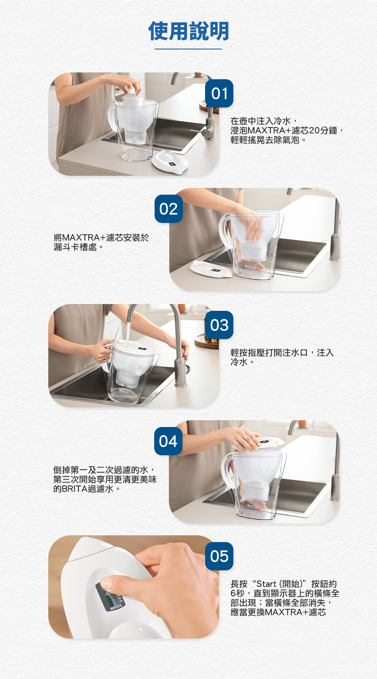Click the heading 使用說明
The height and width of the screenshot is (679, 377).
click(188, 31)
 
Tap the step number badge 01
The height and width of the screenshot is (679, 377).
click(219, 94)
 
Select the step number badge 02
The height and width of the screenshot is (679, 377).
click(169, 209)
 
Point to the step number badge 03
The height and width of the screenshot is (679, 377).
click(219, 325)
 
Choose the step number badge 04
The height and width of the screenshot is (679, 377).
click(168, 441)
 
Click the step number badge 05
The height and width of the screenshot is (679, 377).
click(219, 556)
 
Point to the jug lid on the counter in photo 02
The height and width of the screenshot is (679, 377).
click(211, 269)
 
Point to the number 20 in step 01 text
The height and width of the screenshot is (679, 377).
click(314, 131)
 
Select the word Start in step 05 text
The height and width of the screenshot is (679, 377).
click(266, 584)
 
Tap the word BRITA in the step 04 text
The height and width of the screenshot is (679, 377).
click(75, 489)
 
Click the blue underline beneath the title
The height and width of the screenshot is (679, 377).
click(188, 49)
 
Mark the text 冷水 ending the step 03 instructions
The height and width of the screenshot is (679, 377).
click(239, 362)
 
